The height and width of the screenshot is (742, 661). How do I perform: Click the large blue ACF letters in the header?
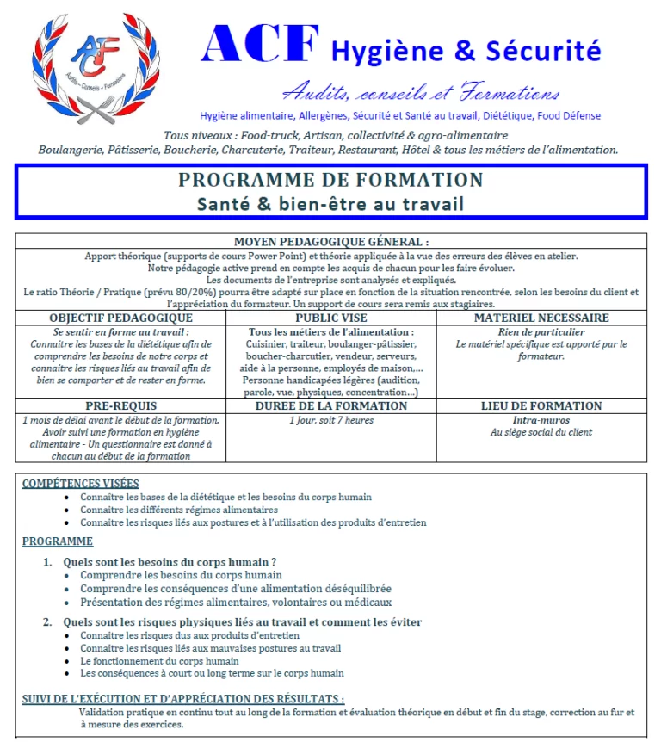(260, 45)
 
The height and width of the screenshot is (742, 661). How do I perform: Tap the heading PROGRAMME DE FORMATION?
(330, 181)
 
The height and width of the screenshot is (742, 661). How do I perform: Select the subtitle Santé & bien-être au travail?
(330, 205)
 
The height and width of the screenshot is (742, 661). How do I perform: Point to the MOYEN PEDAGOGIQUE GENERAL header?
(330, 243)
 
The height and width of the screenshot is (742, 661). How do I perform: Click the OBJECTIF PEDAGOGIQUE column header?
(120, 318)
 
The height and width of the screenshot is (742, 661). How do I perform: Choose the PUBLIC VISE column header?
(330, 318)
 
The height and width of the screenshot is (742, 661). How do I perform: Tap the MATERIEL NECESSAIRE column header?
(541, 318)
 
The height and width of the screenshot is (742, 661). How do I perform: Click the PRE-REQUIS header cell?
(120, 406)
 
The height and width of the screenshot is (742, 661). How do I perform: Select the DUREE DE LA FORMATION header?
(330, 406)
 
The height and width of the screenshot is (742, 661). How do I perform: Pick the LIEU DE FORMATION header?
(541, 406)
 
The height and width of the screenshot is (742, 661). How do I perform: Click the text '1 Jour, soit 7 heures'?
(330, 420)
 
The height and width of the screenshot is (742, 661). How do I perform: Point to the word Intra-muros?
(541, 420)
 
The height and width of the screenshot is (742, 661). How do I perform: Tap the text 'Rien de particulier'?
(541, 331)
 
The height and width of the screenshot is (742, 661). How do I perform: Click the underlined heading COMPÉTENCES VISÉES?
(80, 484)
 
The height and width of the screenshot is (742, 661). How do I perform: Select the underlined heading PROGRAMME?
(57, 541)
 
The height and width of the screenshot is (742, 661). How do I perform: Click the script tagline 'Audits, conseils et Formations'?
(421, 92)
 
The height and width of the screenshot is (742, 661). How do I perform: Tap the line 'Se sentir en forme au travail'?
(120, 331)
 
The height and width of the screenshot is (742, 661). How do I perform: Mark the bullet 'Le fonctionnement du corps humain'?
(160, 661)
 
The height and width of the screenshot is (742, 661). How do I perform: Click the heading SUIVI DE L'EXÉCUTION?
(182, 699)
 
